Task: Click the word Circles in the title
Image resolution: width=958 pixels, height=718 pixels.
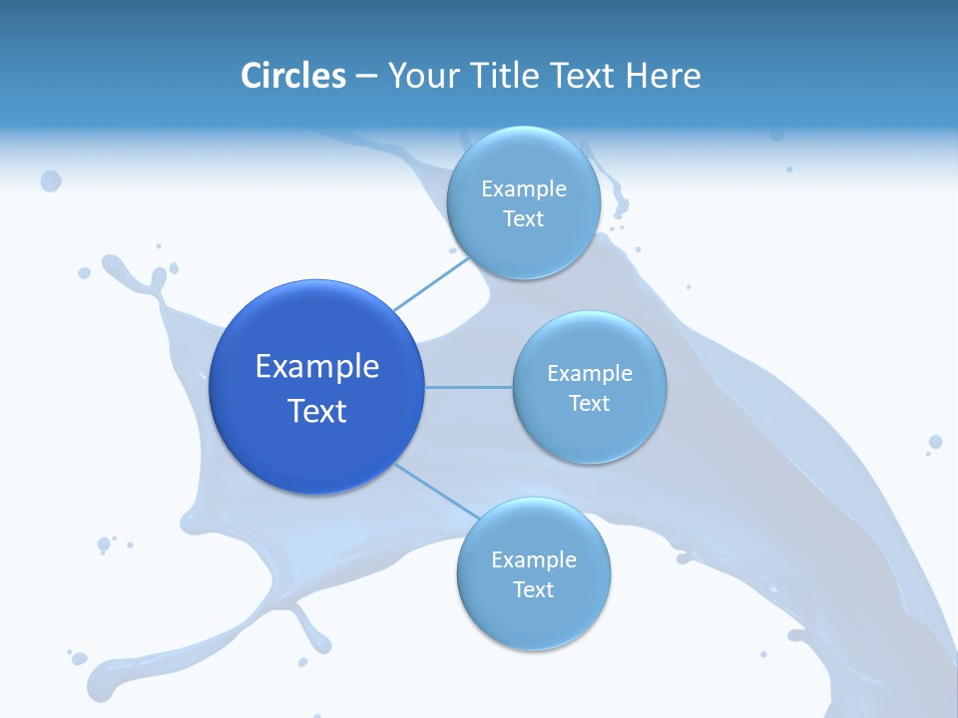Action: click(292, 76)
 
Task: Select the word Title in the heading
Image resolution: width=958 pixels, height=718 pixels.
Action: click(507, 76)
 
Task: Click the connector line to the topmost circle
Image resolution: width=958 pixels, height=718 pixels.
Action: click(430, 283)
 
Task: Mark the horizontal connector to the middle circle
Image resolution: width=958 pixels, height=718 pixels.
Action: click(469, 387)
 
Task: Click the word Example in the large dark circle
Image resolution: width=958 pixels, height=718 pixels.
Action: click(317, 367)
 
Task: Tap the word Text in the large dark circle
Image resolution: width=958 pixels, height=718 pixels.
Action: click(317, 411)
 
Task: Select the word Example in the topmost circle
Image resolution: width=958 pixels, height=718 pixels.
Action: click(523, 189)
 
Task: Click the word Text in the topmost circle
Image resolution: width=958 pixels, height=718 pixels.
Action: click(523, 219)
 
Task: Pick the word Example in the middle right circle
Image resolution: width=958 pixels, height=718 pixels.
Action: click(589, 374)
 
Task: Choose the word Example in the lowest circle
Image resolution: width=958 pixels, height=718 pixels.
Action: click(533, 560)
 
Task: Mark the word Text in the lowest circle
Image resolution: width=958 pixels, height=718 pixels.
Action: click(533, 590)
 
